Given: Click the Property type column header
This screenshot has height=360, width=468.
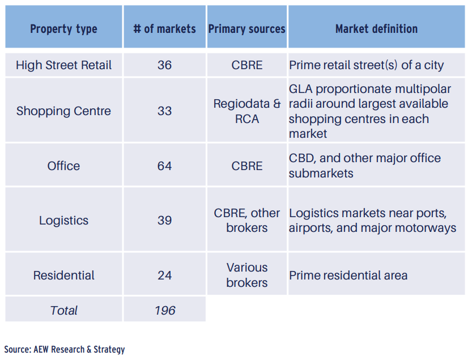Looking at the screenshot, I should [63, 29].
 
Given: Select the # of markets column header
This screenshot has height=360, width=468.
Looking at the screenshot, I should [164, 29].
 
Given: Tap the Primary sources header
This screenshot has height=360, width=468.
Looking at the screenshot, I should [247, 29].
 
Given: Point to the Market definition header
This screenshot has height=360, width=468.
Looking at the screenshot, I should [376, 29].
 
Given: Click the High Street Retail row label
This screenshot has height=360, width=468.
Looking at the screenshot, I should [63, 65].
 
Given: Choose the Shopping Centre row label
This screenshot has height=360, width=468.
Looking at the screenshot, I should [63, 111].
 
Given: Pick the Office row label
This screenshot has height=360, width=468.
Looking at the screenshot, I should [63, 166].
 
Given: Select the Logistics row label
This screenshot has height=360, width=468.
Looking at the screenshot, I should [63, 221].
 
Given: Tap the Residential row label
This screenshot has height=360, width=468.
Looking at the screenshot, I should [63, 276].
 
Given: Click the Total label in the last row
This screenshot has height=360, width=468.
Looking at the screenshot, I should [63, 310].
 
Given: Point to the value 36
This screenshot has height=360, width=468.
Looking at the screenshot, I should [164, 65].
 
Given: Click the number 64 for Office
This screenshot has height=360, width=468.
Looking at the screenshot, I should [164, 166].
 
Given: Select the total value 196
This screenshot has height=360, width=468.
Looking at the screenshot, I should [164, 310].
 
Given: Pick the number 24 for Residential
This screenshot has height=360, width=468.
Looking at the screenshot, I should [164, 276].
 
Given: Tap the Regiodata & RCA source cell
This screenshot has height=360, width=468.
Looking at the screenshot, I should [247, 112].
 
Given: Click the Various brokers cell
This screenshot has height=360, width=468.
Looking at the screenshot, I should [247, 275].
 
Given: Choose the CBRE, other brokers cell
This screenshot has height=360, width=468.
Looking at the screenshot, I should [247, 221].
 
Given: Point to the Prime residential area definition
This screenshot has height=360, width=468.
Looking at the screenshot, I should [348, 276].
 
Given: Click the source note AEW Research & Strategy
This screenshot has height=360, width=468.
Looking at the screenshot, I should [65, 349].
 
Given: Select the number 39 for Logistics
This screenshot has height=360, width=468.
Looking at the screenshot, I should [164, 221].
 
